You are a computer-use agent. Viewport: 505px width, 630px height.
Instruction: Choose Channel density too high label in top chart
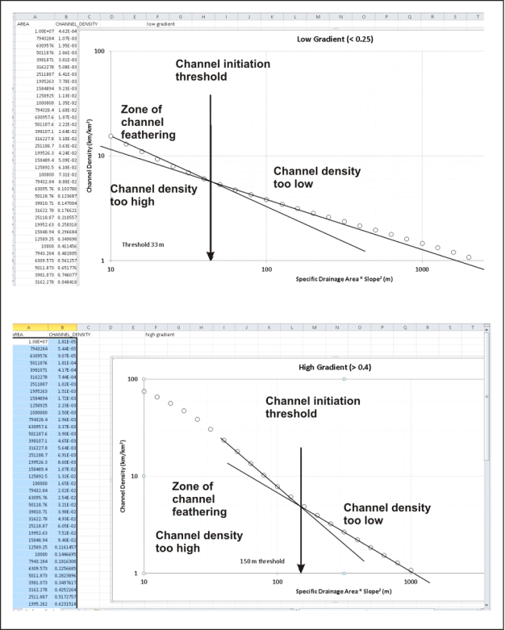153,196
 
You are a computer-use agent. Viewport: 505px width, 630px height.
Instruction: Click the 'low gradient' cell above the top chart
161,24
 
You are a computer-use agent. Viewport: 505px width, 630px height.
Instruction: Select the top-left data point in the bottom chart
144,392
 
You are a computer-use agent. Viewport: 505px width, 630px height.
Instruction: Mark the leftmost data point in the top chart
111,136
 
